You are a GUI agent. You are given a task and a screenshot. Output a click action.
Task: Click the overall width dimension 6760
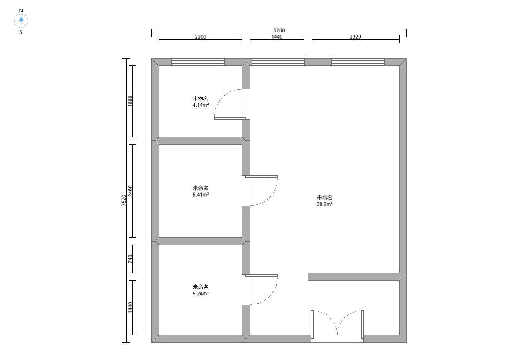tap(279, 30)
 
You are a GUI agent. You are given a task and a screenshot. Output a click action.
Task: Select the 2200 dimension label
tap(200, 37)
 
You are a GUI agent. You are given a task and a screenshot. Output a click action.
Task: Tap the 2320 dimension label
tap(355, 37)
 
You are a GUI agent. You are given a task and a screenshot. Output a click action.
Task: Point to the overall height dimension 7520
tap(124, 200)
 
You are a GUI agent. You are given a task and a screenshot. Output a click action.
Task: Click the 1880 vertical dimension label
tap(130, 101)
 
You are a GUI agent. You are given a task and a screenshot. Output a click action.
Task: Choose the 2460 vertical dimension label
tap(130, 191)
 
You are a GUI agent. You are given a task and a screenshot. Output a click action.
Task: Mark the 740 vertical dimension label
tap(130, 259)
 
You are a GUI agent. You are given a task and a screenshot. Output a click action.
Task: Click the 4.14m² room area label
tap(200, 105)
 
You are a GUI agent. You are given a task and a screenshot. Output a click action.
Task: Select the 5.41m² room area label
tap(200, 195)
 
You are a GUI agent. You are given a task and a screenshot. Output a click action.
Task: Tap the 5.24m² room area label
tap(200, 294)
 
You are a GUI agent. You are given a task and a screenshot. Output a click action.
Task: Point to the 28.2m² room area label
tap(325, 204)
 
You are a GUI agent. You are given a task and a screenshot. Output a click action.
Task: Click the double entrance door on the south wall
tap(337, 326)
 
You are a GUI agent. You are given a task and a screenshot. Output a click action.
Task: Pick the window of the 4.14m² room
tap(198, 62)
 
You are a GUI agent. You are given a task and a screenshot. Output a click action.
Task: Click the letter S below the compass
tap(21, 32)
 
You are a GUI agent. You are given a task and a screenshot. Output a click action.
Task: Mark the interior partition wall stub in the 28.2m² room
tap(353, 277)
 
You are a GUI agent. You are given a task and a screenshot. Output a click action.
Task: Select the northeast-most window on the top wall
tap(358, 62)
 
